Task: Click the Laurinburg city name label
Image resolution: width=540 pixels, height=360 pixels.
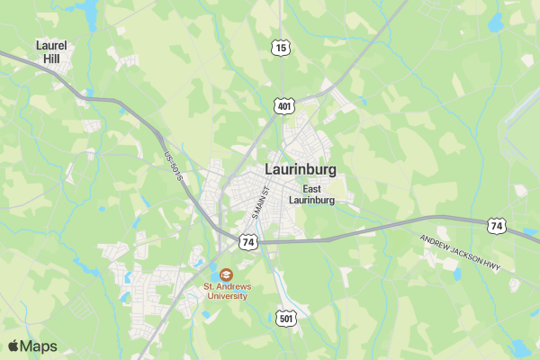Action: [301, 169]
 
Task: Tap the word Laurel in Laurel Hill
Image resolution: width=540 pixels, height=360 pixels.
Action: [51, 45]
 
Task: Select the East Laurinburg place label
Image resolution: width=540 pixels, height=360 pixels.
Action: [312, 194]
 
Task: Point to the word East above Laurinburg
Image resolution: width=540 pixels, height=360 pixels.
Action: [312, 189]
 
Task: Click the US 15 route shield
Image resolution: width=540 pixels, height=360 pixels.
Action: [282, 47]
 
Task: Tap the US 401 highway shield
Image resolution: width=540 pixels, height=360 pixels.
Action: [285, 106]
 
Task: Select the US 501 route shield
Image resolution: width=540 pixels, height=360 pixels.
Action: [286, 319]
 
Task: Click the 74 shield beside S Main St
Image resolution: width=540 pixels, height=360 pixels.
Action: [248, 242]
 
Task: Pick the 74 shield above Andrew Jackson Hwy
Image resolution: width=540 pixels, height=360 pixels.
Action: [497, 226]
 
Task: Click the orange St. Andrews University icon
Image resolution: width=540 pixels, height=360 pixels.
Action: [225, 273]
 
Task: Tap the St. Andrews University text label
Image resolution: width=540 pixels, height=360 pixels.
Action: [225, 291]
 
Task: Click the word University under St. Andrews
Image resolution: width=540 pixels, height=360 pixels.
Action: [225, 296]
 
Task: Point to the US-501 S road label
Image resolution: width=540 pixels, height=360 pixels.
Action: [174, 168]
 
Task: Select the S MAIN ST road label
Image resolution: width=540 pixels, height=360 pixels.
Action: [261, 202]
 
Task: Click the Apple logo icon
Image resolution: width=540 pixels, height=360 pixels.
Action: [13, 346]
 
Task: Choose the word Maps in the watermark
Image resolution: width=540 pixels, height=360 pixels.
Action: [39, 346]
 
